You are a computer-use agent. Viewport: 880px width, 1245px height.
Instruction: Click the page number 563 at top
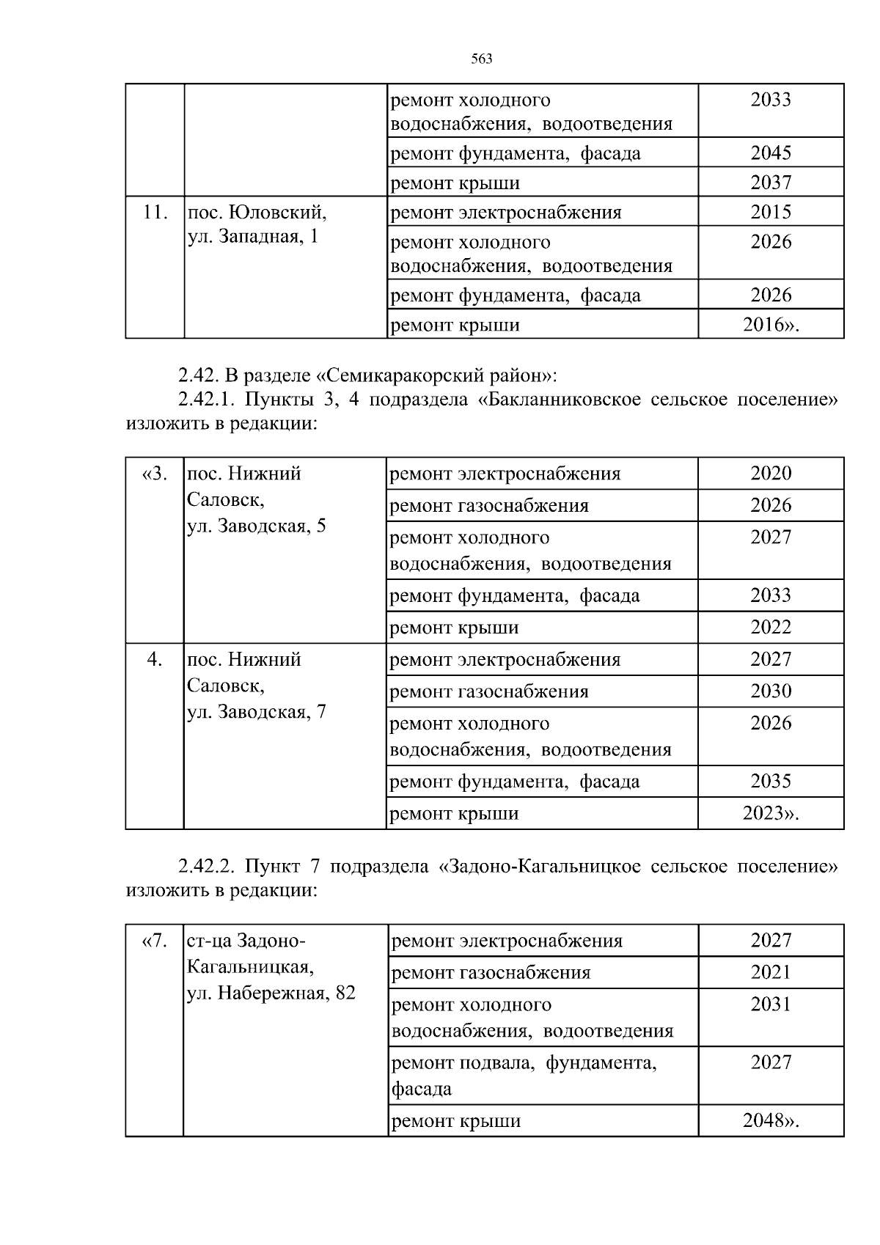(481, 59)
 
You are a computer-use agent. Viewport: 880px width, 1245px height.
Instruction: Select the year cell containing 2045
(771, 153)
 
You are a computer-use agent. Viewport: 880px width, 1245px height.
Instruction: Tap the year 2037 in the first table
(771, 182)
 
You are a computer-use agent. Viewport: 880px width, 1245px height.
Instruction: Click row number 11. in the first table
(155, 213)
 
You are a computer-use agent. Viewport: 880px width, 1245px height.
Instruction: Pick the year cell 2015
(771, 212)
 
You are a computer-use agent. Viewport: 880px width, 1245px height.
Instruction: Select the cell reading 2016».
(771, 325)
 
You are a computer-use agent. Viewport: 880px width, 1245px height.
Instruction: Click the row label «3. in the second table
(155, 474)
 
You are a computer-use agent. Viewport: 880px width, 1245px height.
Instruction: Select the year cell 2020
(771, 473)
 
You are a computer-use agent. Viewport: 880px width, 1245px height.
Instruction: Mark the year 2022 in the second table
(771, 627)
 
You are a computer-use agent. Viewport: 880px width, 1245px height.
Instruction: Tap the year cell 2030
(771, 691)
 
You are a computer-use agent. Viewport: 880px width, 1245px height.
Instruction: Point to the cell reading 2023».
(771, 813)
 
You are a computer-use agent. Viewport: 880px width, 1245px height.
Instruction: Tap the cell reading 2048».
(771, 1120)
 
